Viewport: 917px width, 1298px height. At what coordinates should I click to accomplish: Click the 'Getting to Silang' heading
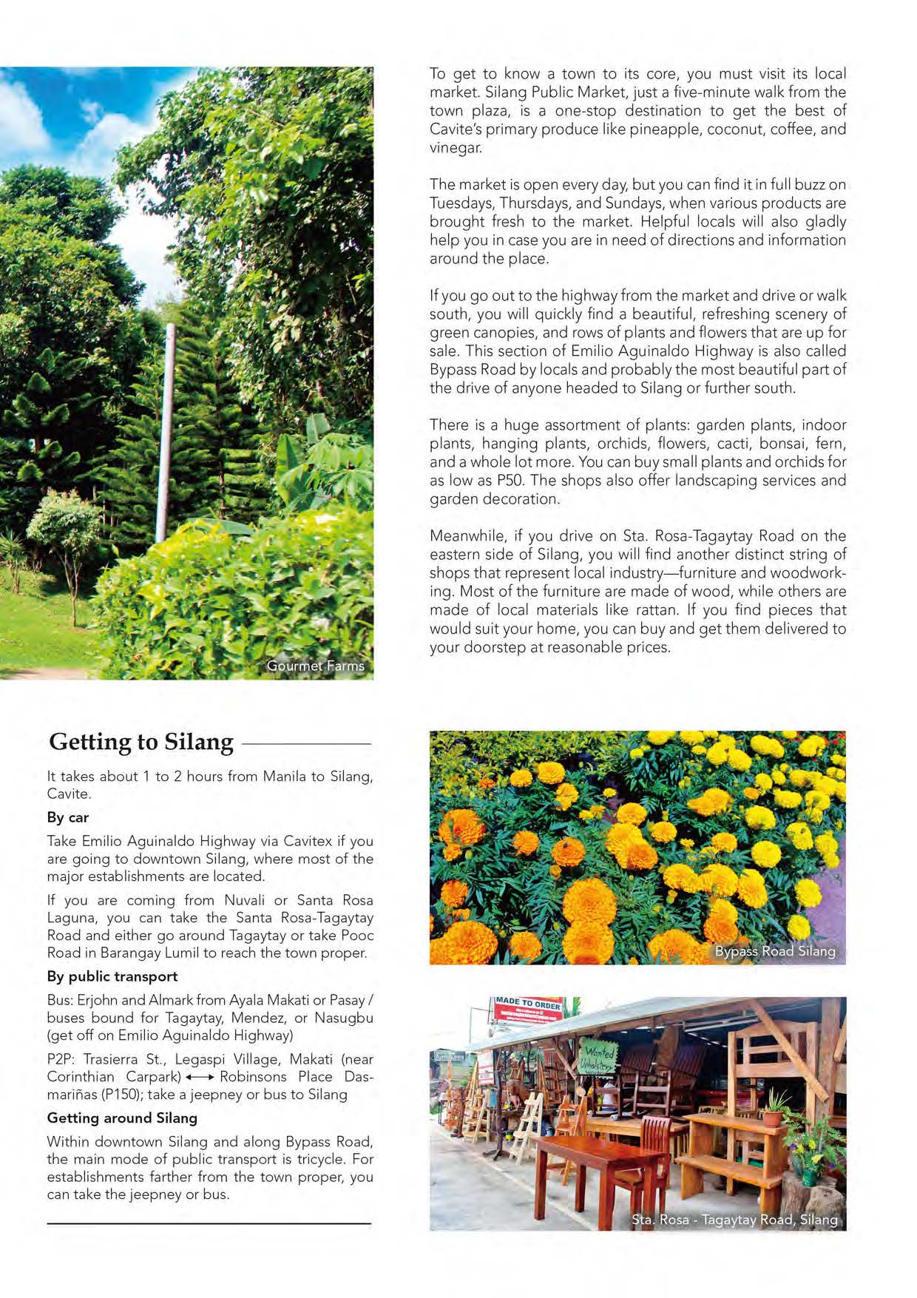[141, 741]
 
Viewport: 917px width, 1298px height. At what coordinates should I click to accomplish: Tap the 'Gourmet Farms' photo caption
[315, 666]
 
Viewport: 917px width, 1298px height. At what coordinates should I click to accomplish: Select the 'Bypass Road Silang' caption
[774, 951]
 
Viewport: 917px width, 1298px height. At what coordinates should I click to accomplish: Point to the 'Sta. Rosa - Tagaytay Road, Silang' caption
[734, 1219]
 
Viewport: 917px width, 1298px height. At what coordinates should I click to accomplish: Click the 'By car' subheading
[68, 817]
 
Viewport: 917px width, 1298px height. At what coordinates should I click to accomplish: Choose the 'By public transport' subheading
[112, 976]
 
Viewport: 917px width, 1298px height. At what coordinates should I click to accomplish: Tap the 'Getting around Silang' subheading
[122, 1118]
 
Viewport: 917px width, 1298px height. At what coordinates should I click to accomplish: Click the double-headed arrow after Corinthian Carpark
[200, 1077]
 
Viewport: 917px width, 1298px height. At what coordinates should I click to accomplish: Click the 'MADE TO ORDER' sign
[528, 1004]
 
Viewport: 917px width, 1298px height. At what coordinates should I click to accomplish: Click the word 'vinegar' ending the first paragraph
[454, 147]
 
